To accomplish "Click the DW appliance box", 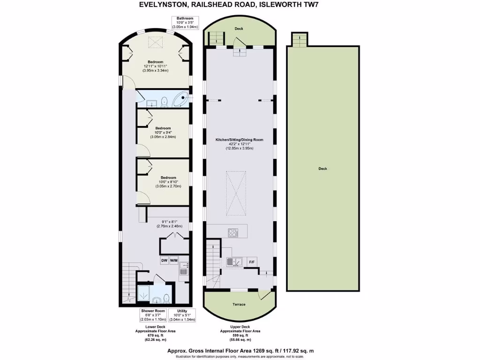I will coord(165,260).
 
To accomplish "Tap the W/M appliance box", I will coord(174,260).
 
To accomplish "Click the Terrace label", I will coord(239,304).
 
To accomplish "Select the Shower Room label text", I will coord(153,311).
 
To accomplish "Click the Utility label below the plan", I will coord(183,311).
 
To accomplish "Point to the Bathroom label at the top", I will coord(186,18).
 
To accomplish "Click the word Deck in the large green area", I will coord(322,169).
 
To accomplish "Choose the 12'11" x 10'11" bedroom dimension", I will coord(155,66).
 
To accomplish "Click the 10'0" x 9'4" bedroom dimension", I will coord(163,133).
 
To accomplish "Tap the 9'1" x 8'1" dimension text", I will coord(169,222).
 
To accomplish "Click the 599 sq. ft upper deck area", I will coord(239,336).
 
